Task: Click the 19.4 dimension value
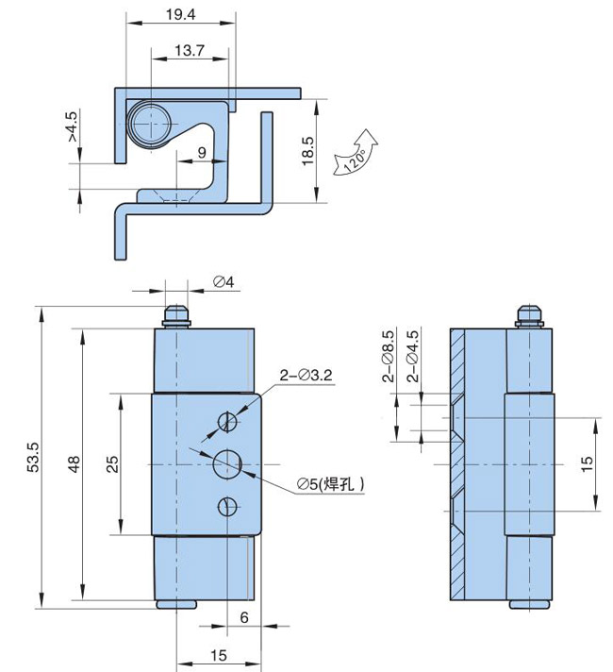click(180, 14)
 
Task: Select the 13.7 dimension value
click(190, 51)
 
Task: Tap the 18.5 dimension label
click(307, 151)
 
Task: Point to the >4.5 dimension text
click(72, 126)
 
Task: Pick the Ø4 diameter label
click(224, 282)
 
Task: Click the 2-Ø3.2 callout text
click(306, 376)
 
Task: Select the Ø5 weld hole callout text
click(331, 484)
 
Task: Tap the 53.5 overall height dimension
click(33, 458)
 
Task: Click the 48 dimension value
click(75, 464)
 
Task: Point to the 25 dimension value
click(112, 464)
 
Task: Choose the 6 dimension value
click(244, 617)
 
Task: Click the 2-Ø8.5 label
click(389, 356)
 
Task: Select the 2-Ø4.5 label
click(412, 356)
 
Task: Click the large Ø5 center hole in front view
click(228, 464)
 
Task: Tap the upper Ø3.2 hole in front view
click(227, 422)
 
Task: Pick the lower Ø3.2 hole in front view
click(227, 507)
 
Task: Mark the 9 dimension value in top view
click(202, 152)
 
